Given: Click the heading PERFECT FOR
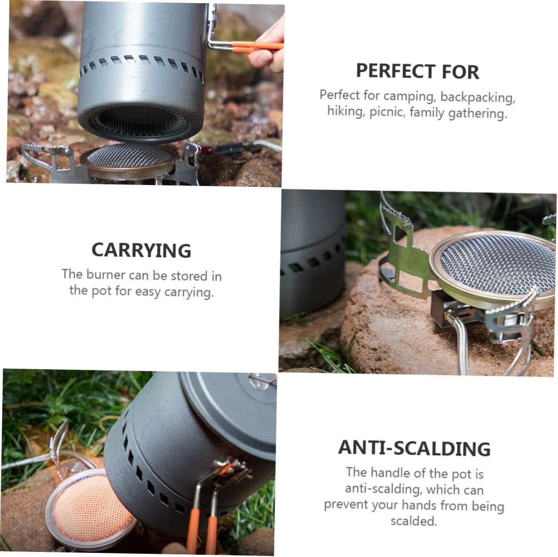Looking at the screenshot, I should coord(417,72).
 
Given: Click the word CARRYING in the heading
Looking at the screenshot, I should coord(141,250).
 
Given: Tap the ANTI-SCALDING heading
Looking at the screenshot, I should coord(414,448).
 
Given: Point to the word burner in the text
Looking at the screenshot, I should coord(105,275).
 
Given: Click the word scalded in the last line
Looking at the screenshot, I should coord(413,521).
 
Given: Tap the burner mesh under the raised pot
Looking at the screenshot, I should coord(131,157).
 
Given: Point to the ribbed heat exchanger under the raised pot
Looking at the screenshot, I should coord(138,123).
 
